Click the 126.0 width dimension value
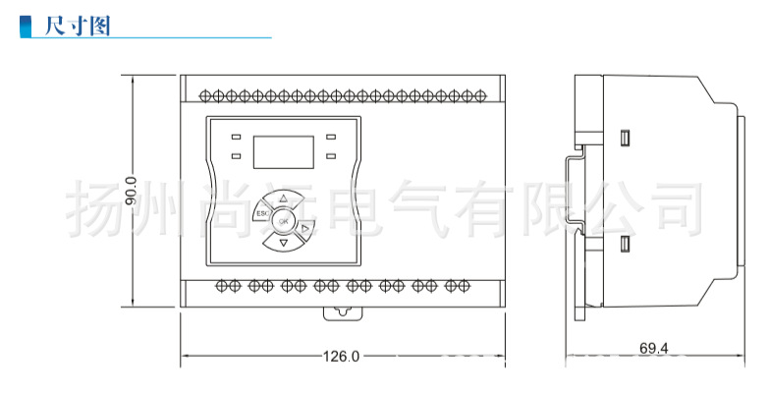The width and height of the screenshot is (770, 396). point(341,356)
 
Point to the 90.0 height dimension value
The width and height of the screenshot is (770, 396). point(131,192)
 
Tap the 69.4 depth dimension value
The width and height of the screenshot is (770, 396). point(654,348)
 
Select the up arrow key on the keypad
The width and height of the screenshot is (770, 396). point(283,199)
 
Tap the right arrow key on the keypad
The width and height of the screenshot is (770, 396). point(304,228)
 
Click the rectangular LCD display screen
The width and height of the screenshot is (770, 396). point(283,152)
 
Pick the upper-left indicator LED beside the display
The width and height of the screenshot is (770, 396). point(236,137)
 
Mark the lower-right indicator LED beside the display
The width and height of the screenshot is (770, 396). point(331,156)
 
